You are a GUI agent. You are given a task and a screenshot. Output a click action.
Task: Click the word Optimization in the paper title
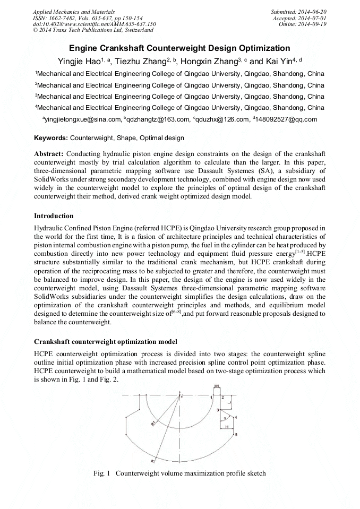pyautogui.click(x=262, y=48)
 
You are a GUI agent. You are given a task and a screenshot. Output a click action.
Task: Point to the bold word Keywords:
pyautogui.click(x=50, y=138)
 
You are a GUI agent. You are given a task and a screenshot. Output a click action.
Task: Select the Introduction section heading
pyautogui.click(x=54, y=216)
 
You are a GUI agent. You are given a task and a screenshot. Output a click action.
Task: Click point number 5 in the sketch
pyautogui.click(x=236, y=435)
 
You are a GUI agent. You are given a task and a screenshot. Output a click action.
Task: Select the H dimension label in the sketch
pyautogui.click(x=227, y=426)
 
